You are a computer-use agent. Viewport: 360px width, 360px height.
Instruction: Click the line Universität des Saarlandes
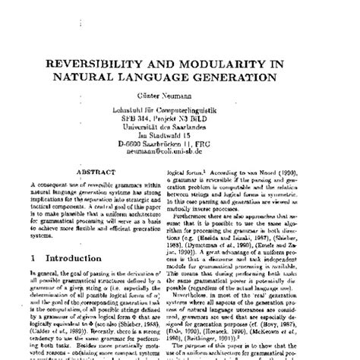(180, 129)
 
